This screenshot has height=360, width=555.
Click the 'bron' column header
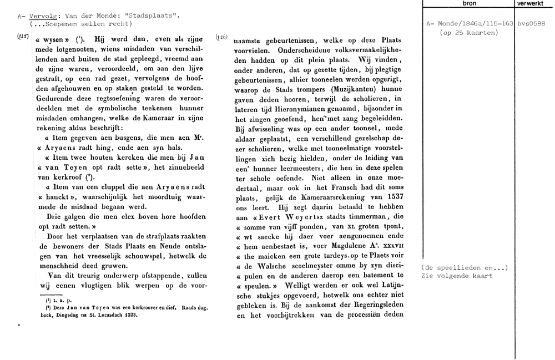tap(469, 3)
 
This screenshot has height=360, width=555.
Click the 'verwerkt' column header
tap(532, 3)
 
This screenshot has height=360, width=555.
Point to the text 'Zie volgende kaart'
tap(457, 275)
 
